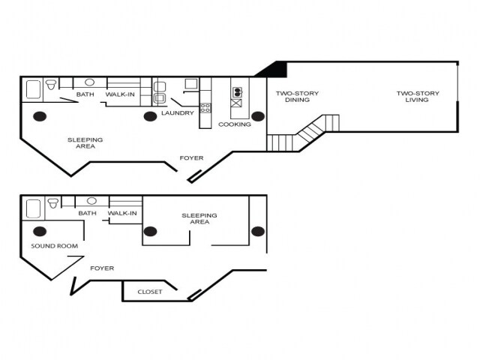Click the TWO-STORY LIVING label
[x=418, y=97]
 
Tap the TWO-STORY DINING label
[x=297, y=97]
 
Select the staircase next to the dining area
[x=303, y=133]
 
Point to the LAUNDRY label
[x=178, y=113]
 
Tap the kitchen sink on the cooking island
[x=238, y=93]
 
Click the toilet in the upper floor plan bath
[x=52, y=85]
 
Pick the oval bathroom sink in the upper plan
[x=89, y=82]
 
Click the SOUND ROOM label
[x=54, y=246]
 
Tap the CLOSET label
[x=149, y=292]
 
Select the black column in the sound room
[x=40, y=231]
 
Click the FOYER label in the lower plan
[x=102, y=268]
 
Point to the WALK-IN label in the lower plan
[x=122, y=213]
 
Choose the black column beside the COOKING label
[x=258, y=116]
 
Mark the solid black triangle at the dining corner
[x=274, y=70]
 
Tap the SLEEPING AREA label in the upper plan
[x=85, y=142]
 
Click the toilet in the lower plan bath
[x=52, y=202]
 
